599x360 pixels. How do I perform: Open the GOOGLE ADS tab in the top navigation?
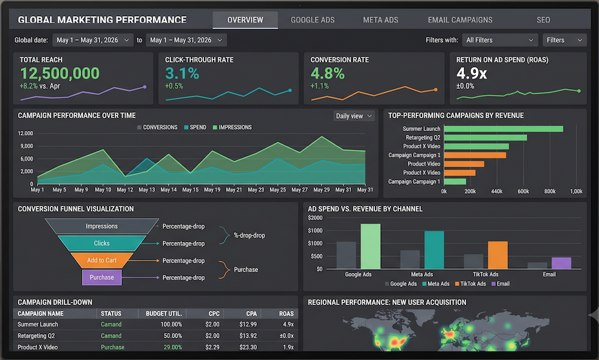(312, 20)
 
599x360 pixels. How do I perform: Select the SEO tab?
(543, 20)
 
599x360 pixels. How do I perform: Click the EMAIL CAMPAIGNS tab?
(460, 20)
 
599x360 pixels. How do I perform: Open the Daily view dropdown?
(354, 116)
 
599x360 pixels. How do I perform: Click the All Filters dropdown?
(500, 40)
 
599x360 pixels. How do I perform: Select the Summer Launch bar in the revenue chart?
(503, 129)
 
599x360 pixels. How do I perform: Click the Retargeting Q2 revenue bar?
(485, 137)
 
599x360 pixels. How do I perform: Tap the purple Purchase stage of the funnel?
(102, 277)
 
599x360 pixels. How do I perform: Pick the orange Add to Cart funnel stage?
(102, 261)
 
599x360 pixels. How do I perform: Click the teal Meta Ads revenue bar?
(434, 250)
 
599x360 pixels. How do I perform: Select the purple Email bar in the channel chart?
(562, 263)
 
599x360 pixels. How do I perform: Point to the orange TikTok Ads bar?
(498, 255)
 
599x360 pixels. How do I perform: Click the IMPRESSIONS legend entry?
(232, 128)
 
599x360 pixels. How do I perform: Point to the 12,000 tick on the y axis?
(25, 134)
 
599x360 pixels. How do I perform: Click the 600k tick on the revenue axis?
(523, 191)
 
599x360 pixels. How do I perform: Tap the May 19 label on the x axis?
(212, 190)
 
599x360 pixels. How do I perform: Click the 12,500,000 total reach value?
(59, 74)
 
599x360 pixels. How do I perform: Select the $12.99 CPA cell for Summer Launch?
(248, 325)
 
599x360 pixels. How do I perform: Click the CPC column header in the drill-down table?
(214, 314)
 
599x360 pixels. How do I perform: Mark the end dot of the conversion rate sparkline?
(436, 90)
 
